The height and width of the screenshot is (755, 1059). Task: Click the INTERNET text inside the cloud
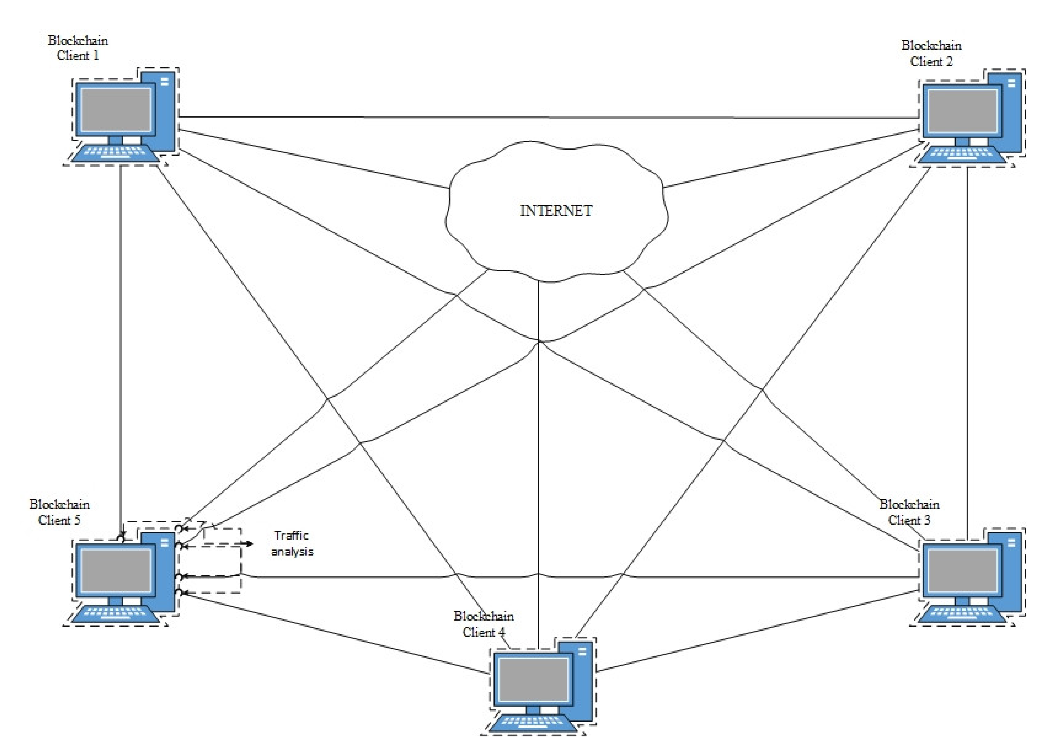tap(556, 211)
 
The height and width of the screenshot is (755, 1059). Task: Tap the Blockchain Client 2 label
tap(931, 53)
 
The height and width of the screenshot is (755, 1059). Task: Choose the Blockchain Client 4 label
tap(484, 624)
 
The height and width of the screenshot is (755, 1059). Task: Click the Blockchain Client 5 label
tap(59, 512)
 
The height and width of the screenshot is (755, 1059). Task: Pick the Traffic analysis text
tap(292, 543)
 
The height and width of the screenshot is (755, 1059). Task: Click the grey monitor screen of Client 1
tap(116, 110)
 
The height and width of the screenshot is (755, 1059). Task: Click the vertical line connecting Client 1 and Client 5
tap(120, 349)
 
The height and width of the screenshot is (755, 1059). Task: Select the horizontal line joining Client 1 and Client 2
tap(548, 117)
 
